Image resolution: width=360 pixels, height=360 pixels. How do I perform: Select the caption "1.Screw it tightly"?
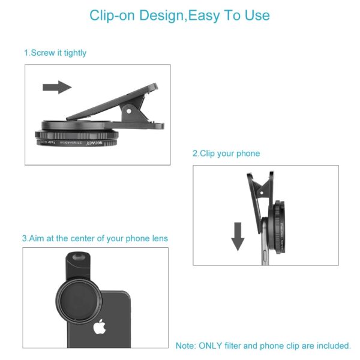click(55, 53)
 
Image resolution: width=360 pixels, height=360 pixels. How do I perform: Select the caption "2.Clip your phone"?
click(226, 154)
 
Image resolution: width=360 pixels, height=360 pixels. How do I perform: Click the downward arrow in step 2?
click(238, 236)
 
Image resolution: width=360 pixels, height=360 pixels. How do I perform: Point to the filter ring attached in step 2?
click(281, 228)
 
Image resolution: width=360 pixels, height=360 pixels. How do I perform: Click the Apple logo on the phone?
click(99, 327)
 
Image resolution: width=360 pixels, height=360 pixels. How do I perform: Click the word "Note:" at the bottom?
click(185, 346)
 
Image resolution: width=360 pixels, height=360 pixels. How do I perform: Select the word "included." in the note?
click(332, 346)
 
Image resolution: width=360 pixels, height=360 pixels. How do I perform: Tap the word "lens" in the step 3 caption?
click(159, 238)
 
